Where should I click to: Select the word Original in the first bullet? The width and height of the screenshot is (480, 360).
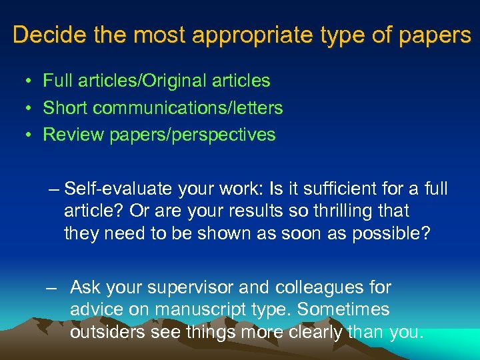coord(175,81)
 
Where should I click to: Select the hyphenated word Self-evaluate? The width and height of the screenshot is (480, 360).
coord(120,189)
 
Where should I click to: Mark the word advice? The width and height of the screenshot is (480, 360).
coord(98,310)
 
